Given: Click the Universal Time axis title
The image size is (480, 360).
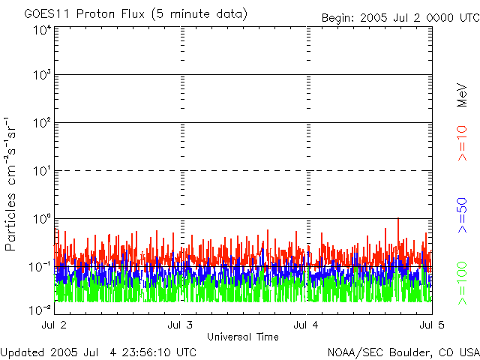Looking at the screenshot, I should tap(243, 336).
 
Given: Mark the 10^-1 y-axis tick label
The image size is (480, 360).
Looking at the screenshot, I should tap(40, 266).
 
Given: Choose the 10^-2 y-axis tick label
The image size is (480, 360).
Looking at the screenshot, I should tap(40, 308).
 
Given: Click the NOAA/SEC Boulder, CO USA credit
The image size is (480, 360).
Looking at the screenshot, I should tap(403, 352).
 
